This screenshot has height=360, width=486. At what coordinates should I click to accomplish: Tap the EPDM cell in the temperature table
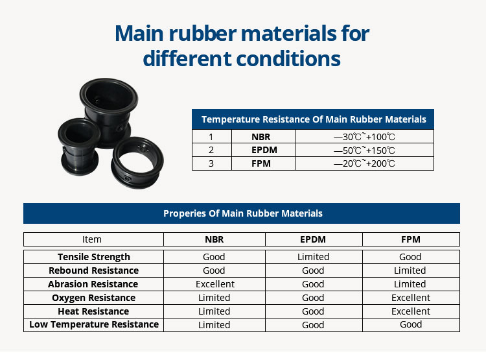(x=264, y=150)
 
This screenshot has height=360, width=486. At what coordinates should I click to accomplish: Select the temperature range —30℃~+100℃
(x=364, y=137)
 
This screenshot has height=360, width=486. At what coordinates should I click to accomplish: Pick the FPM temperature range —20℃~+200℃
(x=364, y=163)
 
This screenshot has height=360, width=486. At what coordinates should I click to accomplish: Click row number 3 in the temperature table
(x=211, y=163)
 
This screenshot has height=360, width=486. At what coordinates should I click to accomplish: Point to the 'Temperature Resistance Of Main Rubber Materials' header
(x=314, y=119)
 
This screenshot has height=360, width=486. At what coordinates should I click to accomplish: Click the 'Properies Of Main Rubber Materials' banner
(x=243, y=213)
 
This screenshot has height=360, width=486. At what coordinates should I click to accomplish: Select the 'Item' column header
(x=92, y=239)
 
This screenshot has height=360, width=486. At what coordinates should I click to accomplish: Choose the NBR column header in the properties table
(x=214, y=239)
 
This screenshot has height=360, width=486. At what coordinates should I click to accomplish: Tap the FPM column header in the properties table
(x=411, y=239)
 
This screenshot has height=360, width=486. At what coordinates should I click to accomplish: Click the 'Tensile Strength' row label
(x=94, y=257)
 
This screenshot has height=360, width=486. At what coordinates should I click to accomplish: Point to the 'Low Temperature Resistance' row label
(x=94, y=324)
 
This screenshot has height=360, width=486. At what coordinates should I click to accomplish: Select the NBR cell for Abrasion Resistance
(x=215, y=284)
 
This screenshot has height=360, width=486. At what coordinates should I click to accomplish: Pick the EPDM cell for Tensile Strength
(x=314, y=257)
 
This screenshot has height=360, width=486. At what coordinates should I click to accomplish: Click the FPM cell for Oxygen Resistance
(x=411, y=298)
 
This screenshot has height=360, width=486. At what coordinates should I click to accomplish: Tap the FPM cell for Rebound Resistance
(x=410, y=270)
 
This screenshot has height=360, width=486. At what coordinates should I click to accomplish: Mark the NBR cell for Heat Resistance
(x=214, y=311)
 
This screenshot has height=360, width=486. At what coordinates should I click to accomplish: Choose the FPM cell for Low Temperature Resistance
(x=411, y=324)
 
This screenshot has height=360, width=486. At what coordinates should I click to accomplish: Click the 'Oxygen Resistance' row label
(x=93, y=298)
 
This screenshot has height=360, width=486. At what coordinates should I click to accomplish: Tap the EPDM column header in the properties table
(x=313, y=239)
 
